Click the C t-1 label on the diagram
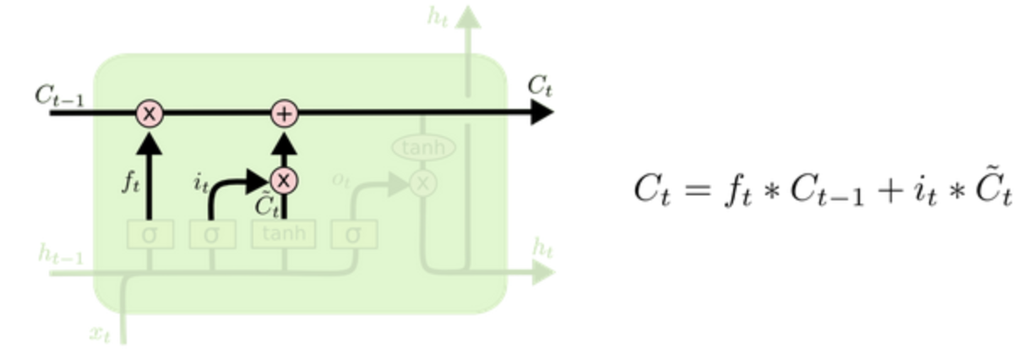[58, 95]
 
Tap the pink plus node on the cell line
[285, 112]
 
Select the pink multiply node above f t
[150, 112]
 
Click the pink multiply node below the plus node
[285, 179]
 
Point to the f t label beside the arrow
[129, 183]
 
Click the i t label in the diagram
[200, 183]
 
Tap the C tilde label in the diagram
[266, 206]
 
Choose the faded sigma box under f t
[150, 234]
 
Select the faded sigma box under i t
[211, 234]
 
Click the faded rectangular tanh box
[284, 234]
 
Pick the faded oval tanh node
[422, 148]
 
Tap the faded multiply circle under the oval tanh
[422, 182]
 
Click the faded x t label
[100, 333]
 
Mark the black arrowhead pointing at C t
[541, 112]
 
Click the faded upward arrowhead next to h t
[468, 17]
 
